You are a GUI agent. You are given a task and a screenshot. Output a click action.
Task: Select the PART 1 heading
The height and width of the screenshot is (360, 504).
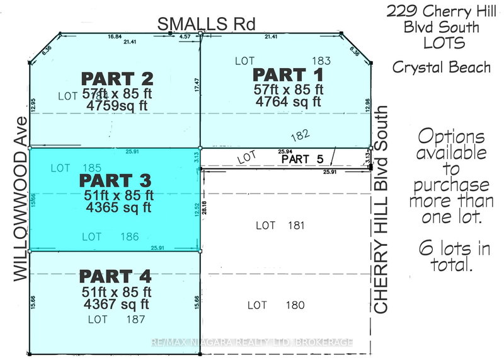click(283, 74)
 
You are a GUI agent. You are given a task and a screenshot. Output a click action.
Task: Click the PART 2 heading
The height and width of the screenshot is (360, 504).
click(117, 79)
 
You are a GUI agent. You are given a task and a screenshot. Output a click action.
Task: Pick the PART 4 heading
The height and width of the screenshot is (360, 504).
click(115, 276)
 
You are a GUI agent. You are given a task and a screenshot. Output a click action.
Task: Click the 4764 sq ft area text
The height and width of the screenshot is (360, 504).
click(286, 101)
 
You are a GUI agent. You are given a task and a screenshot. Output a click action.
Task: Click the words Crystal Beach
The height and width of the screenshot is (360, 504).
click(441, 67)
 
